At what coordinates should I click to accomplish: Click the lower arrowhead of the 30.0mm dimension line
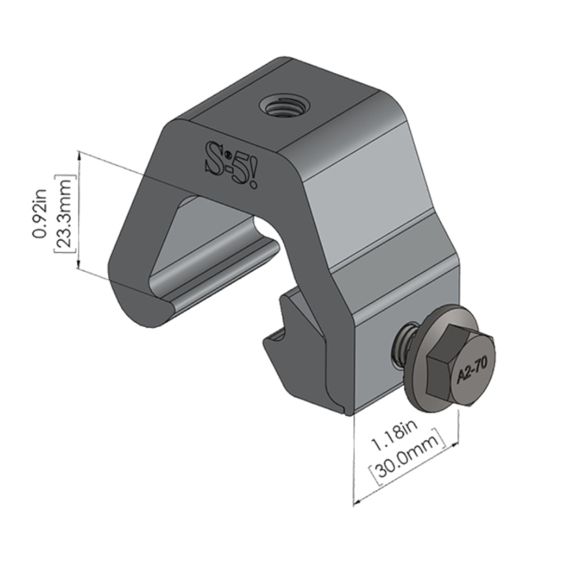point(355,502)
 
